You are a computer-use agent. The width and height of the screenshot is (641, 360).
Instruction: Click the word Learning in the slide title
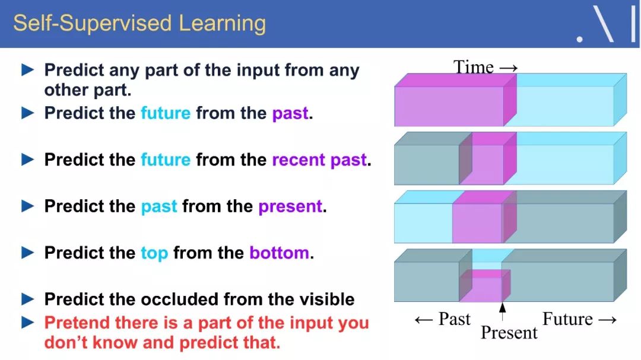tap(223, 24)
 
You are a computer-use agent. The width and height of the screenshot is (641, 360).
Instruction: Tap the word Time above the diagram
tap(474, 67)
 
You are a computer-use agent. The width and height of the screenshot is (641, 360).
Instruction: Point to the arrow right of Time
tap(509, 68)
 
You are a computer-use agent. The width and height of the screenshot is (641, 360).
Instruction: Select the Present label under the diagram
tap(509, 333)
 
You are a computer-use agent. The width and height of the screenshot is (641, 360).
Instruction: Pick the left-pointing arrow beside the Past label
tap(424, 320)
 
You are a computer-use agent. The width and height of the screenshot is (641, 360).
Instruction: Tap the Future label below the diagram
tap(567, 318)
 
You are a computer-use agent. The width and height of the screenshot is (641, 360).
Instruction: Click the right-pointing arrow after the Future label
tap(607, 320)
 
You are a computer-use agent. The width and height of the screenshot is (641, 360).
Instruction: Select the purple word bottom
tap(279, 253)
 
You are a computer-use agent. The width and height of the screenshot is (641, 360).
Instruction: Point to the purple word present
tap(290, 207)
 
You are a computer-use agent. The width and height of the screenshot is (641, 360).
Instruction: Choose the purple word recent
tap(299, 160)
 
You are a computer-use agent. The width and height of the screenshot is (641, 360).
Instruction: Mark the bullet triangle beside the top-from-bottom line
tap(27, 253)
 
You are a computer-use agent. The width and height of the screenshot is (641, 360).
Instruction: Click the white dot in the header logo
tap(579, 40)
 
